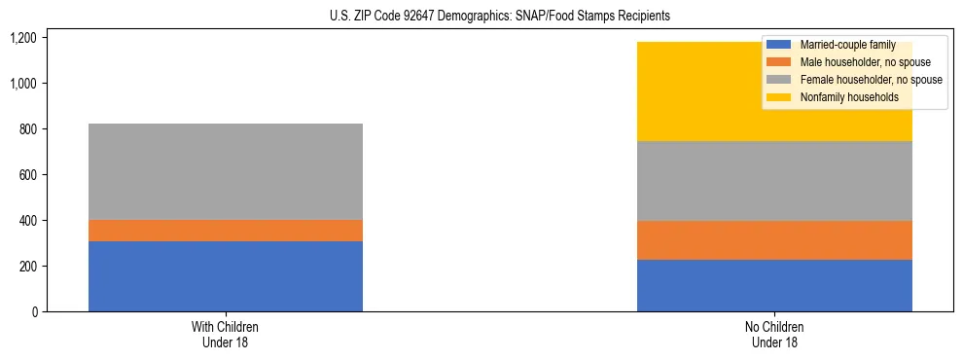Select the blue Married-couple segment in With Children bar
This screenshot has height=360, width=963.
[225, 276]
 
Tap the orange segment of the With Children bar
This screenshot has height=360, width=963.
[225, 231]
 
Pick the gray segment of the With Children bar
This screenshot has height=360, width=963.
[225, 171]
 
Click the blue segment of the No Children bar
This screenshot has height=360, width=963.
[774, 285]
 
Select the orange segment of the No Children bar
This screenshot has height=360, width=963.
[774, 240]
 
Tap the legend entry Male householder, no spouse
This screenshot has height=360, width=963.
[851, 62]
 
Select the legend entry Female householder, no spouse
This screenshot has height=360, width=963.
[856, 80]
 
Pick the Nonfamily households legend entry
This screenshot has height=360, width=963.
[841, 97]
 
